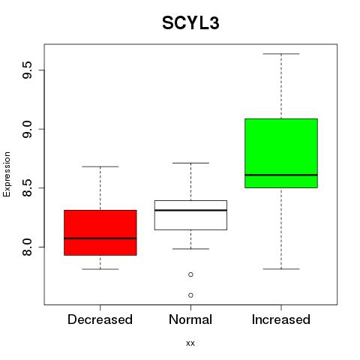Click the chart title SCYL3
190,23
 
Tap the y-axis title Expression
7,174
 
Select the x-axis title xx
190,343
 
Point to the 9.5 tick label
27,70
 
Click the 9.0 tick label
27,129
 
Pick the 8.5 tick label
27,188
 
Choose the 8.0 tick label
27,247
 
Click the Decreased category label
100,319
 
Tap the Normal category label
190,319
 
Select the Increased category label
281,319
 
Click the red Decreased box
100,232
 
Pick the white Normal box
190,215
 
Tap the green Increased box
281,153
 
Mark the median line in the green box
281,175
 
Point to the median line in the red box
100,238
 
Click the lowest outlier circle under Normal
190,295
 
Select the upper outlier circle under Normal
190,274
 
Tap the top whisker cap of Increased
281,54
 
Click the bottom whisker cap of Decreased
100,269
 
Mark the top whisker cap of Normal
190,163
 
